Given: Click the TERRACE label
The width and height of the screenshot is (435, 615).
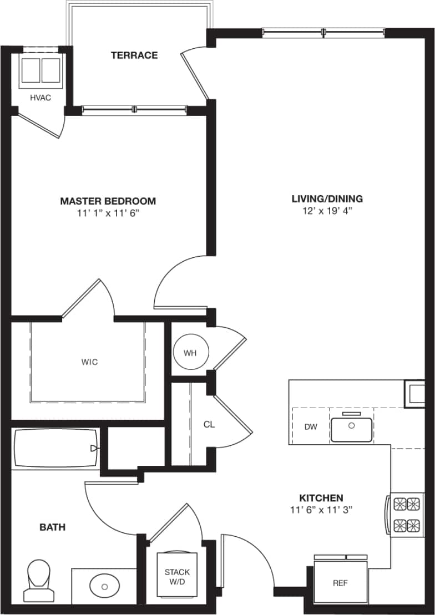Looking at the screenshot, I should (134, 55).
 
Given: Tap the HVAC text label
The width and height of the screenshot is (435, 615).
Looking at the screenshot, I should (40, 98).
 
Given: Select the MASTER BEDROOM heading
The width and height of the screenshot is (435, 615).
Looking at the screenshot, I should (108, 201).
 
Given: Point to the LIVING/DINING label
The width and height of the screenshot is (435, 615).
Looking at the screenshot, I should (327, 199).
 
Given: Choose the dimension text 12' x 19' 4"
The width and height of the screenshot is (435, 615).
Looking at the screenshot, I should (327, 210).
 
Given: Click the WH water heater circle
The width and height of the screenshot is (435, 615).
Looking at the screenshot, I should (190, 353).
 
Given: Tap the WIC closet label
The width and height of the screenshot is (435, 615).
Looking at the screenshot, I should (89, 362).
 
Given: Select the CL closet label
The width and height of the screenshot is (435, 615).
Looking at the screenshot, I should (209, 425).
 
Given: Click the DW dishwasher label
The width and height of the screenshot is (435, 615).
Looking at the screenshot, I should (310, 426).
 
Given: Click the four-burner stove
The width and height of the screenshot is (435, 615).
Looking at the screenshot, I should (406, 515).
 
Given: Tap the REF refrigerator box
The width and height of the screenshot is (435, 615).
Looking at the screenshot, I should (340, 582).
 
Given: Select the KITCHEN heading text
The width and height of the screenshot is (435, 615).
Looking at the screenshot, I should (321, 498).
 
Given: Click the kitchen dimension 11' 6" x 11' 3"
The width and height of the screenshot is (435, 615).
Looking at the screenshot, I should (321, 509).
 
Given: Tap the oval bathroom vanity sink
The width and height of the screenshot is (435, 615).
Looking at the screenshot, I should (104, 584).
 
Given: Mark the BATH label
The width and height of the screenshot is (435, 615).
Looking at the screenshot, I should (52, 527).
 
